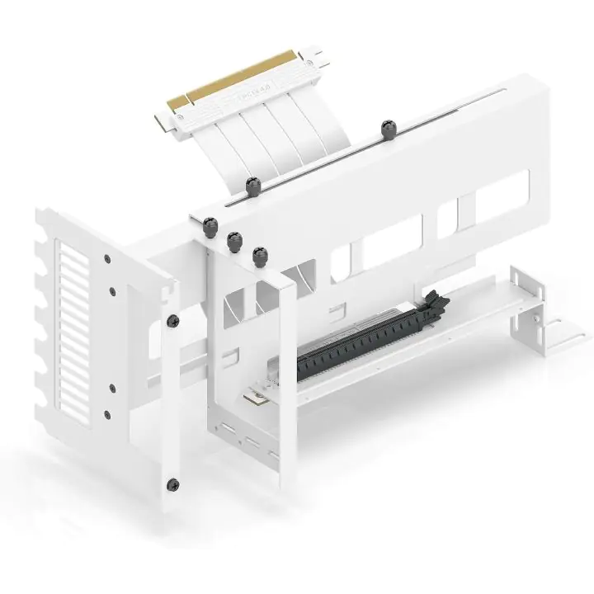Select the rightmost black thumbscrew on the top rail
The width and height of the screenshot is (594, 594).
(x=387, y=128)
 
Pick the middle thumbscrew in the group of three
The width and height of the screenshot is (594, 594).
(x=233, y=240)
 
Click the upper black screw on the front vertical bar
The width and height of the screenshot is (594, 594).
(x=173, y=320)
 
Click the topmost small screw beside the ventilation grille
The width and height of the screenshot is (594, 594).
(x=108, y=258)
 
